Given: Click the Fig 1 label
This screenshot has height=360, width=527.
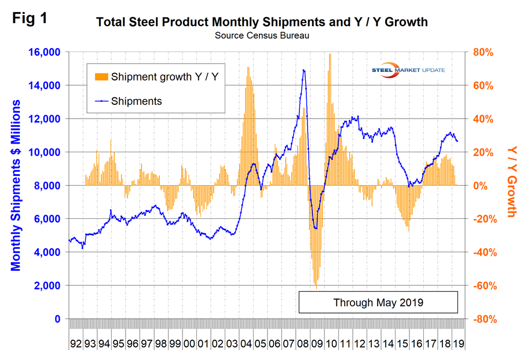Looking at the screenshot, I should tap(30, 18).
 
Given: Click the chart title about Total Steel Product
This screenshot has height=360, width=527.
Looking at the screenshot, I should tap(262, 23).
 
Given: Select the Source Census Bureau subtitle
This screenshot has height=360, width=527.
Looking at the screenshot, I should tap(262, 35).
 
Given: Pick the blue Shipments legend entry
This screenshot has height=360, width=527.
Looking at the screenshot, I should tap(137, 101).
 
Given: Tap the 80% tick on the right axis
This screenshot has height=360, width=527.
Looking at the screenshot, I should tap(482, 52).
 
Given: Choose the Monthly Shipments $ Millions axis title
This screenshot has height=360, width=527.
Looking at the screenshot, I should tap(16, 185).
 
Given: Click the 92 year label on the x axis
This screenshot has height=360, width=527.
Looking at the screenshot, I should tap(75, 343).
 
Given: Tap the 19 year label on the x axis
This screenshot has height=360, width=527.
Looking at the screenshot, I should tap(458, 343).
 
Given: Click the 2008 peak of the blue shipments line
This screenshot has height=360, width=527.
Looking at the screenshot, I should tap(303, 70).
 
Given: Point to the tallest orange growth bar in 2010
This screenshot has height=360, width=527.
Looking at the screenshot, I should tap(330, 54).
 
